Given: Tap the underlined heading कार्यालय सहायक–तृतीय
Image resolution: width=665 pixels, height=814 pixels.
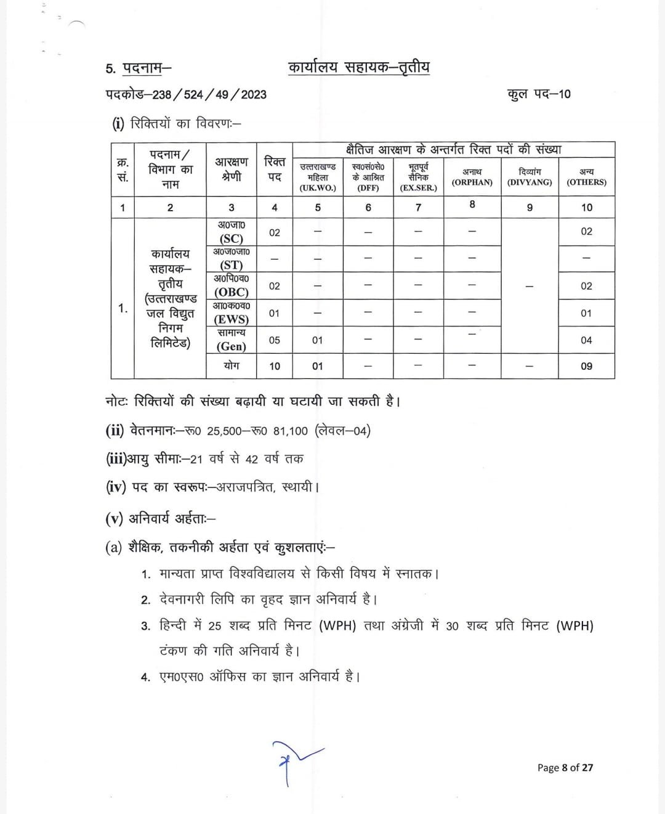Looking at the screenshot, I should click(x=358, y=68).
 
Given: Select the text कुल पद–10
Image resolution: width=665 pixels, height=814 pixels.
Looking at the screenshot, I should click(x=539, y=94).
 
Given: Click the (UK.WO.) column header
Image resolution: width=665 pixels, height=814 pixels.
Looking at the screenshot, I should click(x=318, y=188).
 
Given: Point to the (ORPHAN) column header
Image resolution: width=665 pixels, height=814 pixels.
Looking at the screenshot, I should click(x=472, y=182).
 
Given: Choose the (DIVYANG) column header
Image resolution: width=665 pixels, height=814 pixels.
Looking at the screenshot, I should click(x=530, y=182).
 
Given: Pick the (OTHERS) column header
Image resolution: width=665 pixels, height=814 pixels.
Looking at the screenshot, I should click(x=586, y=182).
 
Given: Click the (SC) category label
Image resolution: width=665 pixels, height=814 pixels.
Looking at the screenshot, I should click(x=232, y=238).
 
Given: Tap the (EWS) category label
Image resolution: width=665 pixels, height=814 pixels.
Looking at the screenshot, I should click(x=232, y=319).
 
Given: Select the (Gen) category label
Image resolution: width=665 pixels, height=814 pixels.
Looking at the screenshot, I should click(x=232, y=346).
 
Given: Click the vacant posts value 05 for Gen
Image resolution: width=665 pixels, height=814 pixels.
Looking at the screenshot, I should click(x=275, y=340).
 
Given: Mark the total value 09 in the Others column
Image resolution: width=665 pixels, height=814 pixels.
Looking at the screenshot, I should click(x=586, y=366).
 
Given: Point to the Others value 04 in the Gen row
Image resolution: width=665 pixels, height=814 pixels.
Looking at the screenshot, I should click(x=586, y=340).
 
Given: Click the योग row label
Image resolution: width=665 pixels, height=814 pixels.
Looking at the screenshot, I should click(x=232, y=365).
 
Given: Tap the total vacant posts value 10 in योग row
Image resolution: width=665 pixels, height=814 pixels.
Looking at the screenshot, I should click(x=275, y=366).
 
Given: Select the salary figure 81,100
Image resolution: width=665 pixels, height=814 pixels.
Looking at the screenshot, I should click(x=289, y=431).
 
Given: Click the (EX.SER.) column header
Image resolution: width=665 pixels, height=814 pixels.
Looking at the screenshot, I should click(x=418, y=188).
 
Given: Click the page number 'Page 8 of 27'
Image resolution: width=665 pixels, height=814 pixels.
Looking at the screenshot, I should click(x=565, y=768).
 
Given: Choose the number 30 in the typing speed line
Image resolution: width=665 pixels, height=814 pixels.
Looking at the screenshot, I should click(x=453, y=627).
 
